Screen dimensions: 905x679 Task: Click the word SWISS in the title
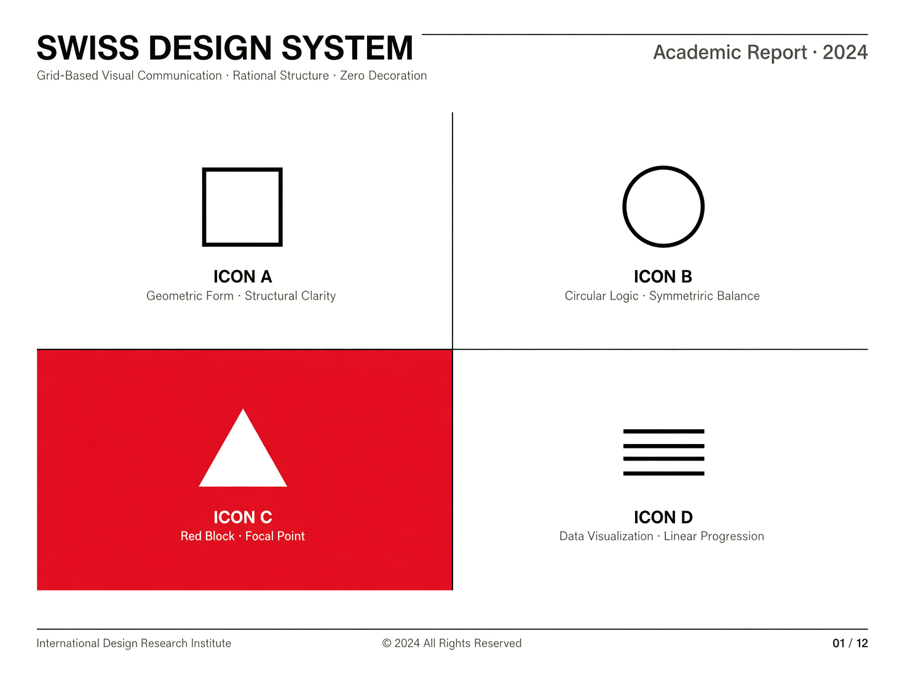coord(88,48)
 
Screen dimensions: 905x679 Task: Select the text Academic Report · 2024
coord(761,52)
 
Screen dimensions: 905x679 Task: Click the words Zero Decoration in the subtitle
coord(383,76)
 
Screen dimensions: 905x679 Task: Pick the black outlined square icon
coord(203,207)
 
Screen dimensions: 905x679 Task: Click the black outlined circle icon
coord(623,207)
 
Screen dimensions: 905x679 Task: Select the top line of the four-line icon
coord(663,432)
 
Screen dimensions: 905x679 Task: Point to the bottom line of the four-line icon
coord(663,474)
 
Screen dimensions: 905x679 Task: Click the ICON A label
coord(242,277)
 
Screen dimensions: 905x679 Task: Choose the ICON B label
coord(663,277)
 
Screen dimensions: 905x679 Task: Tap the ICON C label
coord(242,517)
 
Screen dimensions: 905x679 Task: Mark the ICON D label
coord(663,517)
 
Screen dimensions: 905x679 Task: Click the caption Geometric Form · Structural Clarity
coord(241,296)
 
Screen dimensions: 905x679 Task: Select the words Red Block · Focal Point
coord(242,536)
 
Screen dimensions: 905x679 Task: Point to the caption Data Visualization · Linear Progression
coord(662,536)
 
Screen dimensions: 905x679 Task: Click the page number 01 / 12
coord(850,643)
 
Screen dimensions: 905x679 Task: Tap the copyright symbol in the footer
coord(386,643)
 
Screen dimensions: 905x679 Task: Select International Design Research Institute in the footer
coord(133,643)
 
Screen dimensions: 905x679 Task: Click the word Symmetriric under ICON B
coord(681,296)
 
